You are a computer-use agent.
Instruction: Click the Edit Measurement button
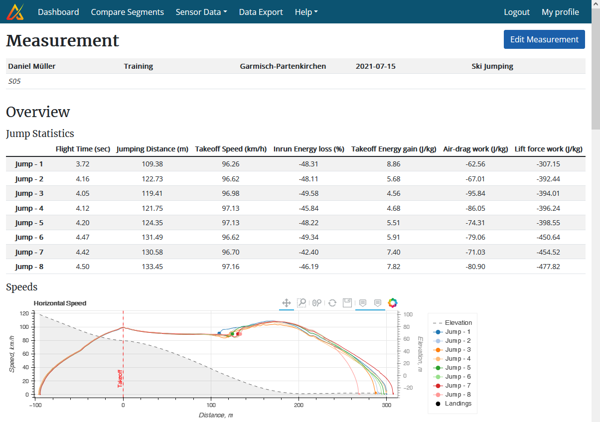tap(544, 39)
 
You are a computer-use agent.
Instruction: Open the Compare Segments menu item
tap(127, 12)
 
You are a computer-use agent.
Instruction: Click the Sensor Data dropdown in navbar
tap(201, 12)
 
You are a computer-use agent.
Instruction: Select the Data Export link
tap(261, 12)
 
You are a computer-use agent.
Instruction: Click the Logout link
tap(516, 12)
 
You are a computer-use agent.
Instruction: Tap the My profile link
tap(560, 12)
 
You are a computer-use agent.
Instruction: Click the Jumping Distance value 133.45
tap(152, 267)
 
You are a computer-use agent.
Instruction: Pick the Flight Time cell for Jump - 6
tap(82, 237)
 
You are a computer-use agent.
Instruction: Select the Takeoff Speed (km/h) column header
tap(231, 149)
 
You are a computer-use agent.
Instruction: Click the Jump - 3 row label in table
tap(29, 193)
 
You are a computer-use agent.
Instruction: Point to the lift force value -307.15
tap(548, 164)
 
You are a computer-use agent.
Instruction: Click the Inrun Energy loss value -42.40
tap(308, 252)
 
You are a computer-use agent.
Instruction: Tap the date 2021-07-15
tap(375, 66)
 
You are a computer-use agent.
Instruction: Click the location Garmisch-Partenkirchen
tap(283, 66)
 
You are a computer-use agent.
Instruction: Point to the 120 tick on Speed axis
tap(23, 313)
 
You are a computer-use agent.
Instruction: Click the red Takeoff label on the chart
tap(120, 378)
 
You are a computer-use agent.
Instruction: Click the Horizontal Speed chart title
tap(60, 303)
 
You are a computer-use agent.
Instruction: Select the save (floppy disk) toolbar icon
tap(347, 303)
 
